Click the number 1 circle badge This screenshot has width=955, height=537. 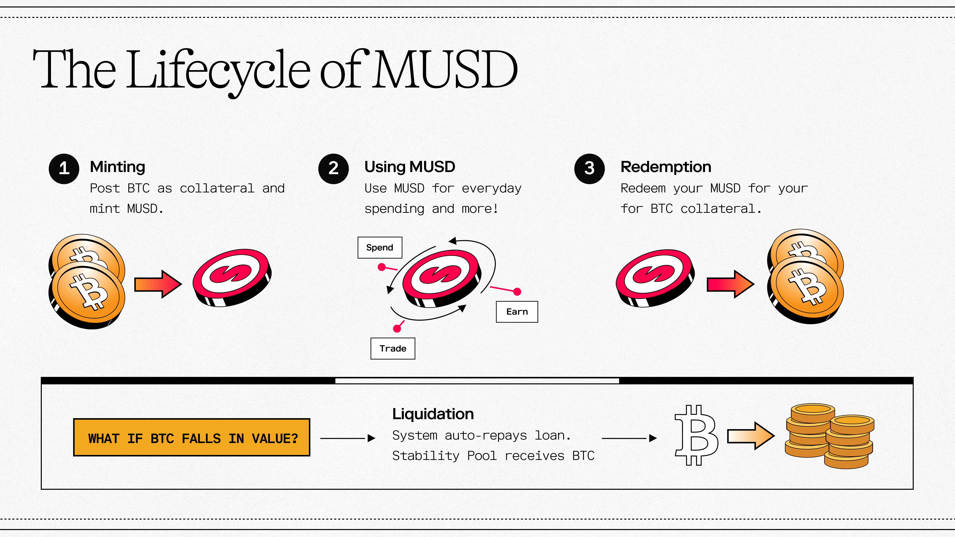(x=64, y=169)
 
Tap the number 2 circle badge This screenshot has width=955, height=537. (x=333, y=169)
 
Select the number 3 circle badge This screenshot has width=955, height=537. (x=589, y=169)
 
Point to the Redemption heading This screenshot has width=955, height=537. (x=666, y=167)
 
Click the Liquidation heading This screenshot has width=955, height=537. (x=433, y=414)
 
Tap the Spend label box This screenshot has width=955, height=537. (x=380, y=248)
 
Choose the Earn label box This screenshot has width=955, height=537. (x=517, y=312)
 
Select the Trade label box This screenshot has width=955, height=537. (x=393, y=348)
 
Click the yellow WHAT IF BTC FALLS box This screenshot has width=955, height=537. (x=192, y=438)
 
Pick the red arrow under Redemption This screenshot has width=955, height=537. (x=730, y=284)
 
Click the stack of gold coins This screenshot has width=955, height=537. (x=830, y=436)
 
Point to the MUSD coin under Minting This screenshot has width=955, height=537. (x=232, y=277)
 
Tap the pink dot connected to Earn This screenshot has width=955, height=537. (x=517, y=292)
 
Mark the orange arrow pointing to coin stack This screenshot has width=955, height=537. (x=750, y=436)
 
